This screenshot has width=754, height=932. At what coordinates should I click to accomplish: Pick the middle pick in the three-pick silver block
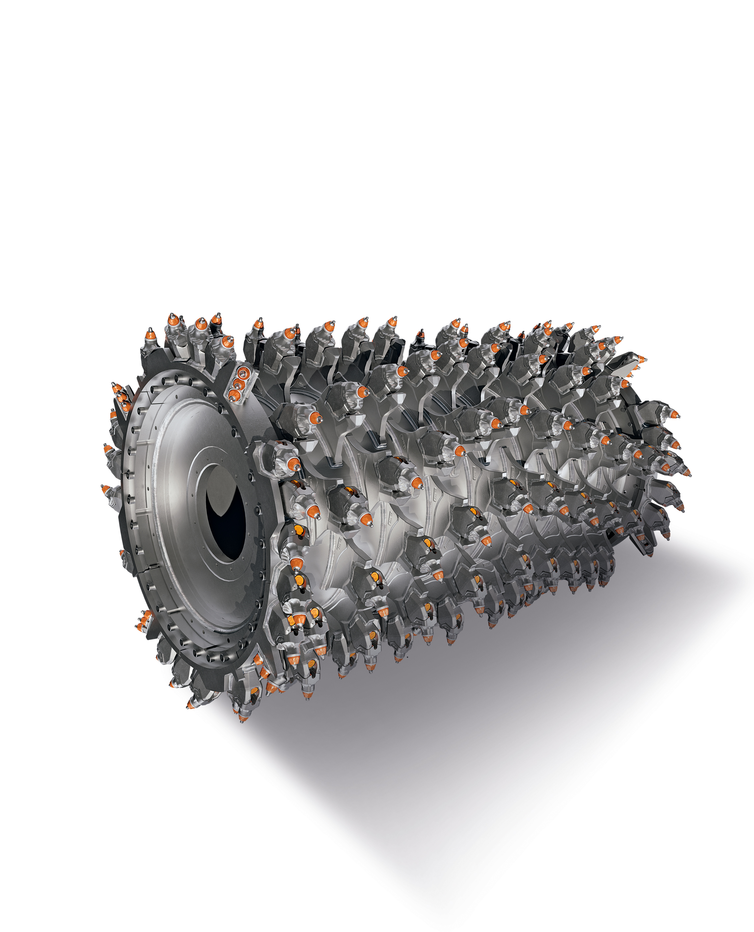click(238, 384)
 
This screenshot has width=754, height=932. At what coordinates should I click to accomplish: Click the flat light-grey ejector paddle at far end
click(628, 360)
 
